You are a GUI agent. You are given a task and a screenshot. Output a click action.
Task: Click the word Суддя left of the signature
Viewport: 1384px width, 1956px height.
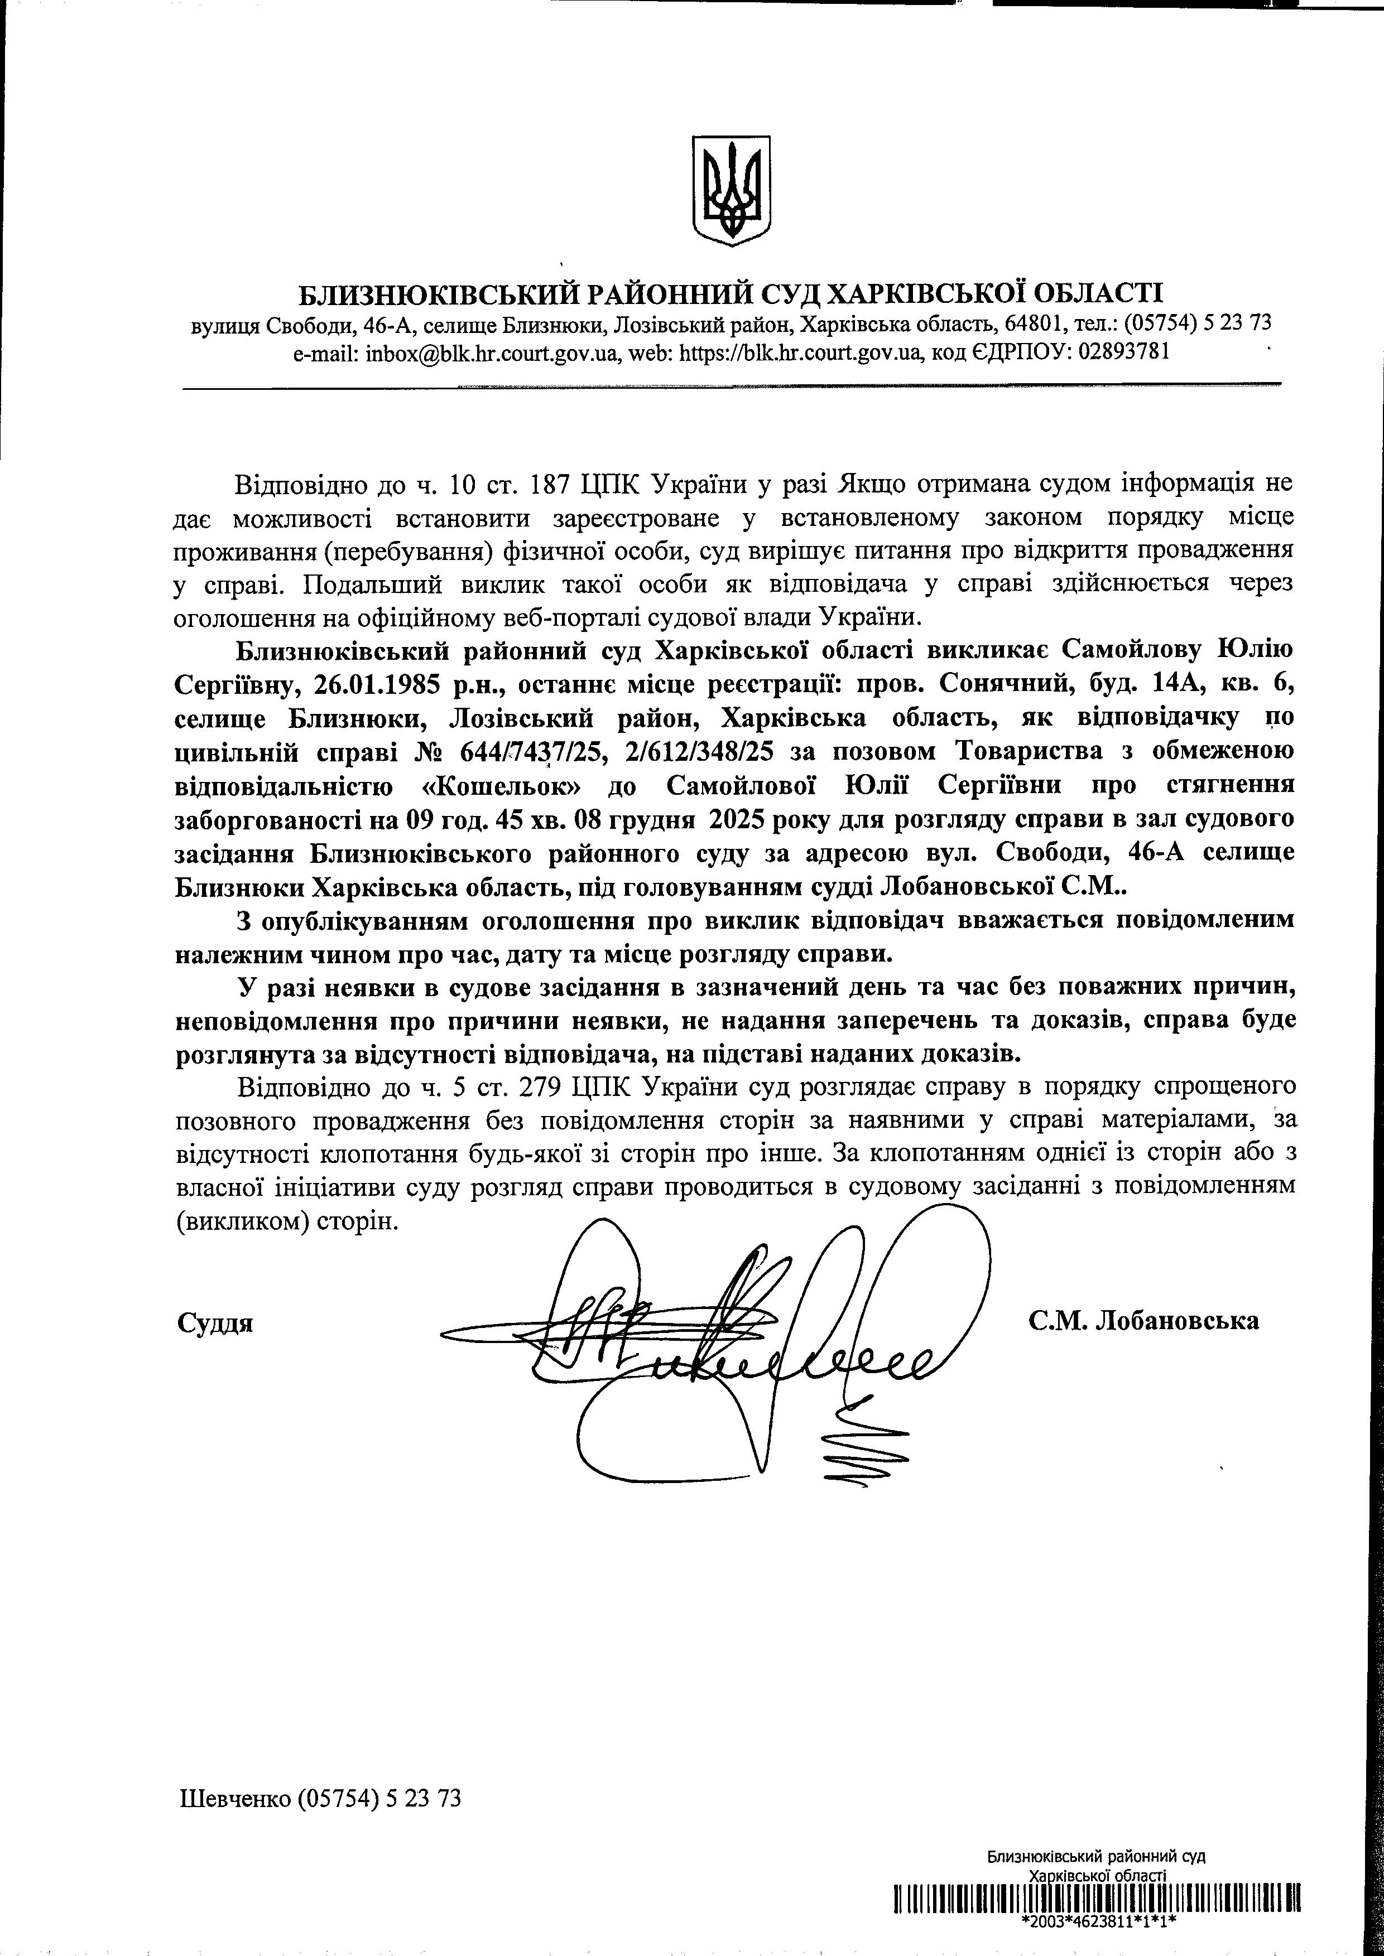point(215,1323)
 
